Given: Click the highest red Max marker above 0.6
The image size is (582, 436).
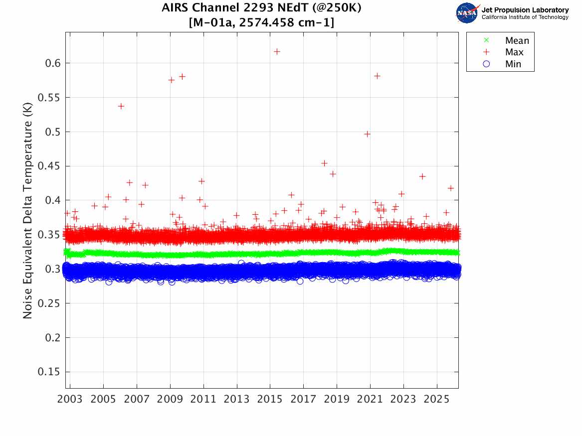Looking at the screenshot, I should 277,51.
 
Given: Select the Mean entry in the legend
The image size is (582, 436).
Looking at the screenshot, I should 517,41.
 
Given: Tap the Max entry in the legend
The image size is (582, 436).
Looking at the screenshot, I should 514,52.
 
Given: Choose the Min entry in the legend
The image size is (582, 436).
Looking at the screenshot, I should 513,64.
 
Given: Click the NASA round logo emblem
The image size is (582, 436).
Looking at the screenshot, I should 467,13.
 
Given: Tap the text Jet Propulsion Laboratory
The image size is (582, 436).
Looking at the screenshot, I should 525,10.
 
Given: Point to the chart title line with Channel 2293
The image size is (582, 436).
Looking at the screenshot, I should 262,8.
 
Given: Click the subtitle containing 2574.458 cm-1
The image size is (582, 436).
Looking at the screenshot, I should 262,22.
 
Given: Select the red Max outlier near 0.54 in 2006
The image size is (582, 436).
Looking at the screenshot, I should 121,106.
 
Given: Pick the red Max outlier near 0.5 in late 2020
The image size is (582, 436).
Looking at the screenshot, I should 368,134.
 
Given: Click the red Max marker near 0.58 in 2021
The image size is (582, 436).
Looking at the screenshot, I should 378,76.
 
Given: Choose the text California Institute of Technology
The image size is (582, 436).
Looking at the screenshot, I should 525,17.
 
